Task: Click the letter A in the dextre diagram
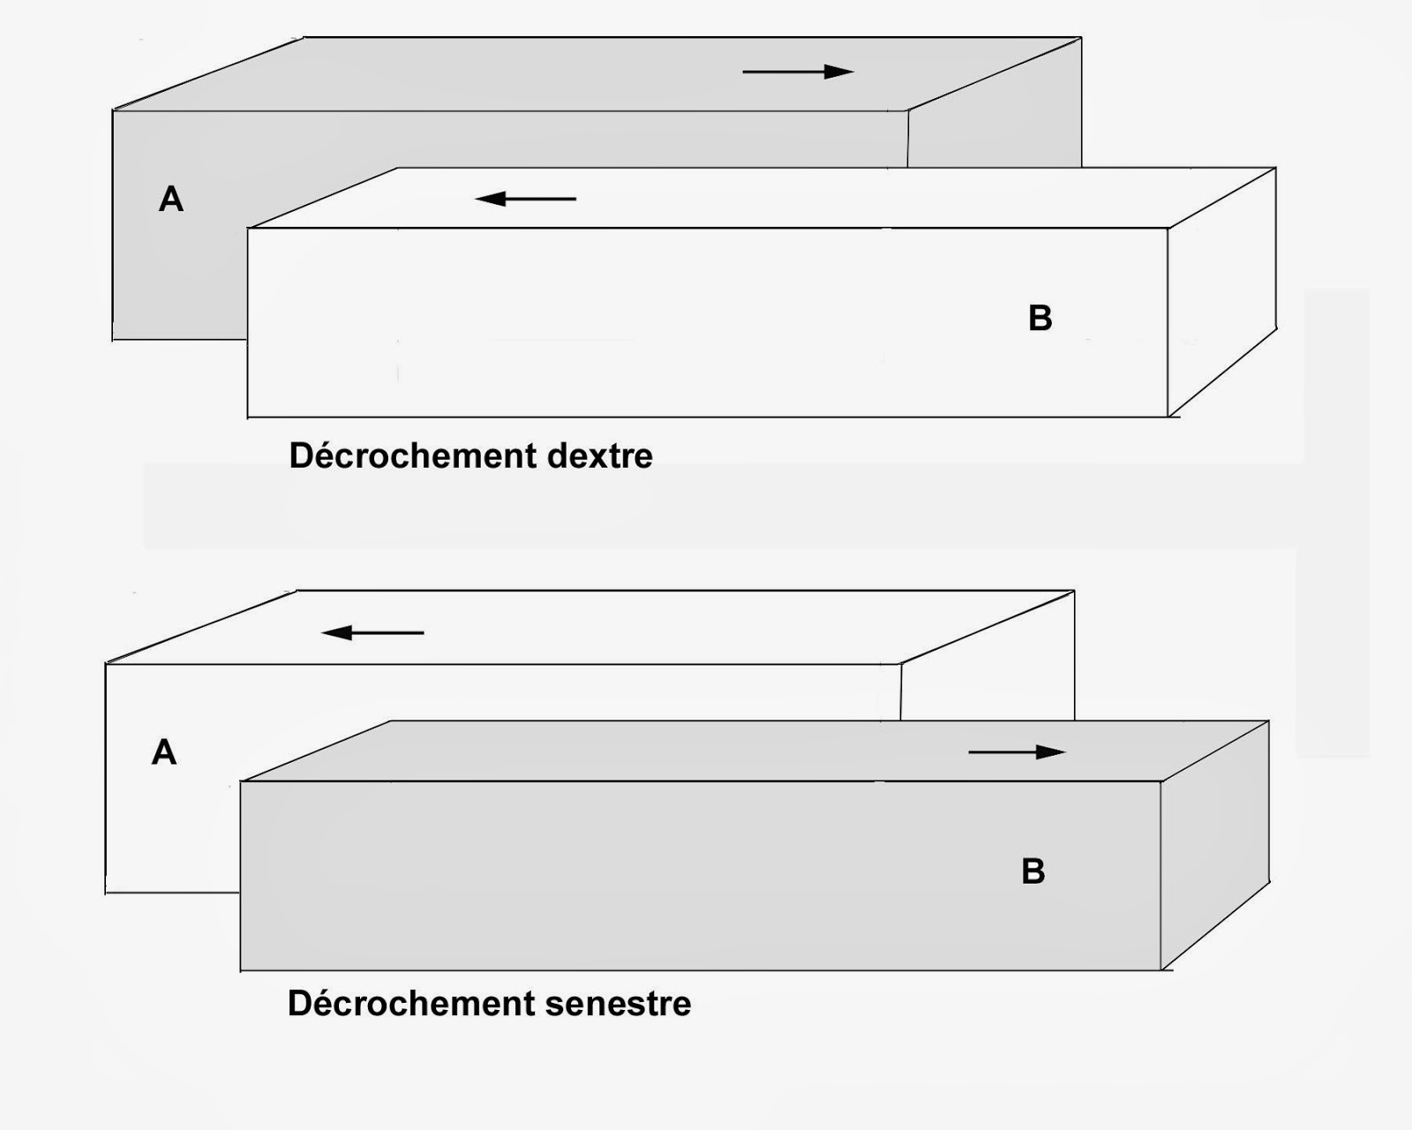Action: (x=171, y=200)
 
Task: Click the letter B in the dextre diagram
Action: (x=1040, y=319)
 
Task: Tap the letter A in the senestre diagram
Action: (x=164, y=753)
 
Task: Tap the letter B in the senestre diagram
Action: (x=1033, y=871)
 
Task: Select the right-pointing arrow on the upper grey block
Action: (x=798, y=72)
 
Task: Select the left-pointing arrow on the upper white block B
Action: (x=526, y=199)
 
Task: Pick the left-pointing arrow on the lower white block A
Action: (x=372, y=632)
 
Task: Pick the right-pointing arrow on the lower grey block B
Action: (x=1017, y=752)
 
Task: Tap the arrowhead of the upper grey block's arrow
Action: (x=840, y=72)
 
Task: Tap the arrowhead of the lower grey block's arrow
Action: (x=1052, y=752)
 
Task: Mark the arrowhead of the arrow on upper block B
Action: (x=489, y=199)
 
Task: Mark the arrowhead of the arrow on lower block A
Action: (x=335, y=632)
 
